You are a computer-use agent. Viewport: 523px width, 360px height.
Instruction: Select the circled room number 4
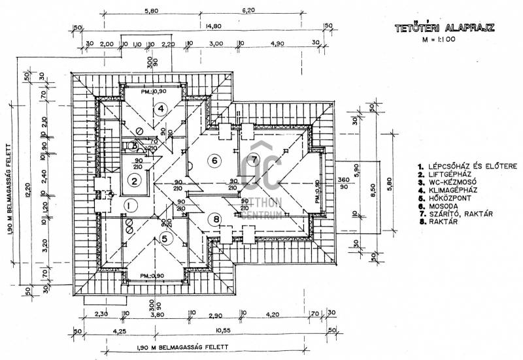click(160, 108)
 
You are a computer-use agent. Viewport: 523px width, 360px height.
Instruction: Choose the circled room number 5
click(166, 238)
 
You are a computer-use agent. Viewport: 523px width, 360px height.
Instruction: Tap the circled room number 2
click(134, 181)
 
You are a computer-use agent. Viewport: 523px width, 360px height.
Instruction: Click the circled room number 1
click(129, 205)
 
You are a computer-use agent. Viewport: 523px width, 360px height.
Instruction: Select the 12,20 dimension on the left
click(27, 189)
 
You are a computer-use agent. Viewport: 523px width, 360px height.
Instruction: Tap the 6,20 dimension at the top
click(248, 11)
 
